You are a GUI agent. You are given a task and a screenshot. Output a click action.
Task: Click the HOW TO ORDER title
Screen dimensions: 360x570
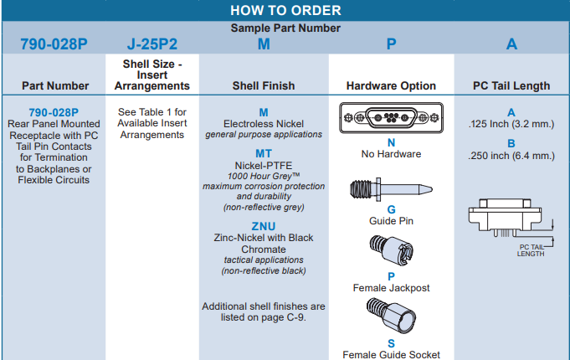[285, 10]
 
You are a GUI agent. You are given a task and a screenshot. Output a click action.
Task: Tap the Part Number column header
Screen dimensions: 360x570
[55, 85]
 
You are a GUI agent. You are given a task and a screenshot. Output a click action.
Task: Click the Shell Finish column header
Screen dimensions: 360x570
[264, 85]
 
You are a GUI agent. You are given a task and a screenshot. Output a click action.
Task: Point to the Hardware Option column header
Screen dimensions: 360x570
[391, 85]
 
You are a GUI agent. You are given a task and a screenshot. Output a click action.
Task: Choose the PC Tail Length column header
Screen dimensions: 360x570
[511, 85]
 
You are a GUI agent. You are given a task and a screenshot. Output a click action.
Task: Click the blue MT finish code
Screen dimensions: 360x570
[264, 153]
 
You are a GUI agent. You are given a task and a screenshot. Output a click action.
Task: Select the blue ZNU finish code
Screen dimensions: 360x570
[264, 226]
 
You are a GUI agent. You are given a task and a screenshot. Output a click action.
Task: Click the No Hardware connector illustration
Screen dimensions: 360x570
[391, 118]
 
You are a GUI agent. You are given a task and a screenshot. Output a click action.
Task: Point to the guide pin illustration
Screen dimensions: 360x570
[390, 192]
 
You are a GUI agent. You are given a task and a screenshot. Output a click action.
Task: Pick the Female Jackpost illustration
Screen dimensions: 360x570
[390, 253]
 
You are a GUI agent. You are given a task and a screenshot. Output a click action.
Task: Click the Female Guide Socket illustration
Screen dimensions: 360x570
[390, 317]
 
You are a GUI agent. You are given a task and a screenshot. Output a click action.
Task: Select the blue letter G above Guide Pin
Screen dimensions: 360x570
[391, 209]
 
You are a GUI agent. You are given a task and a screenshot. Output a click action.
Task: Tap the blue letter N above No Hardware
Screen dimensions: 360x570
[391, 142]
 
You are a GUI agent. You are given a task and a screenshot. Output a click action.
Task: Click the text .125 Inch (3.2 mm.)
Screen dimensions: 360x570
[511, 124]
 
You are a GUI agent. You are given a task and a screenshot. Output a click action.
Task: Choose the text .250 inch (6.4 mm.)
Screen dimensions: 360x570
[511, 155]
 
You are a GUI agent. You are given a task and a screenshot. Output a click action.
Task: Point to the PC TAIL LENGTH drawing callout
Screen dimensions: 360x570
[531, 250]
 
